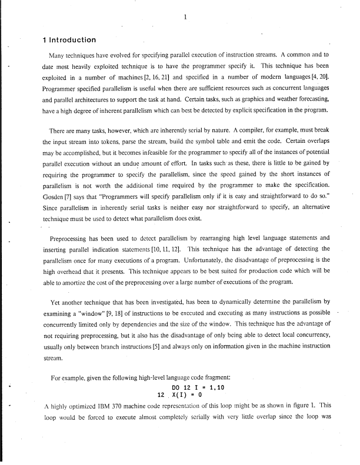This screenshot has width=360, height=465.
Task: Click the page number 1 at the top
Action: click(185, 17)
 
